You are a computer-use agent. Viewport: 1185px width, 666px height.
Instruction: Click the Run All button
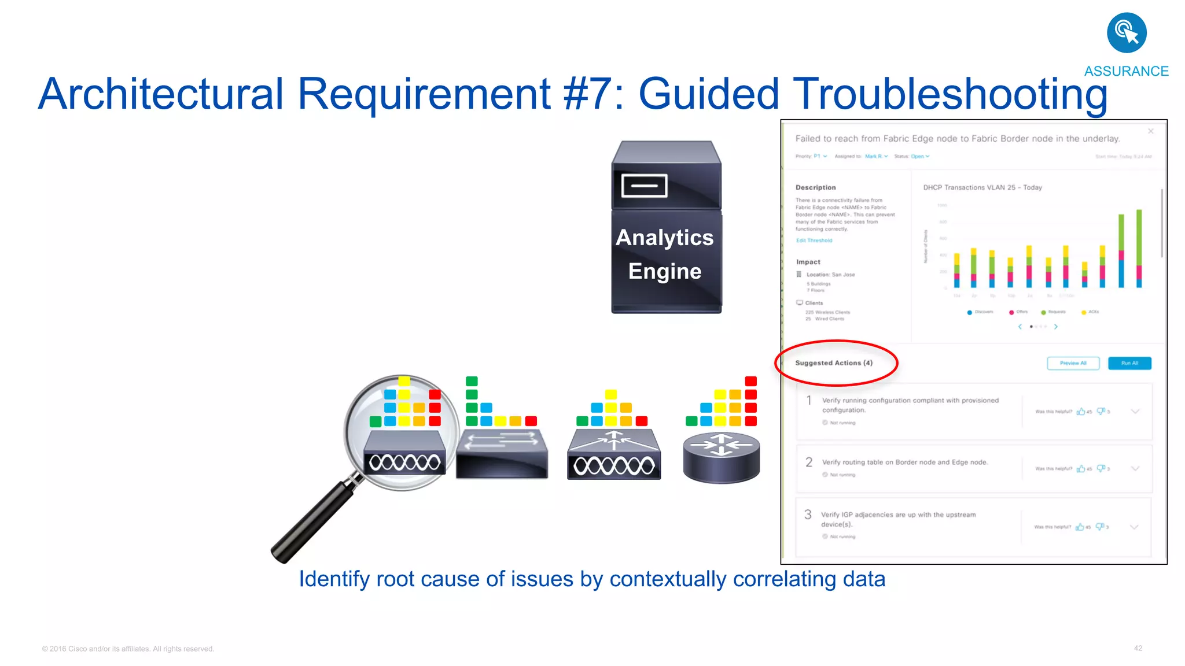pyautogui.click(x=1129, y=363)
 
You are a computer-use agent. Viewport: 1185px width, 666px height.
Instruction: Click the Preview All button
pyautogui.click(x=1073, y=363)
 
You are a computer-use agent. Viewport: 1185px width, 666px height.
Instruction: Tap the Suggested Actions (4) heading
pyautogui.click(x=833, y=363)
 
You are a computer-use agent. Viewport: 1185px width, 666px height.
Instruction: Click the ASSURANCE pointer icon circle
pyautogui.click(x=1126, y=33)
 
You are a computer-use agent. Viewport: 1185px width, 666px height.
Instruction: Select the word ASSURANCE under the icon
pyautogui.click(x=1126, y=71)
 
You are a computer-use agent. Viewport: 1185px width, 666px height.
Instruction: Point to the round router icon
pyautogui.click(x=721, y=457)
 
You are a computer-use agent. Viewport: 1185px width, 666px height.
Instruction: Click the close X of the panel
pyautogui.click(x=1150, y=131)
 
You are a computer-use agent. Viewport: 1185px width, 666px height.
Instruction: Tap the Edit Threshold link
pyautogui.click(x=814, y=240)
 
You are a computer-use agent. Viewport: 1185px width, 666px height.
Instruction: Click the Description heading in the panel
pyautogui.click(x=815, y=187)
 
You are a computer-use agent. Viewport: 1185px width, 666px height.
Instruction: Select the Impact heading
pyautogui.click(x=808, y=262)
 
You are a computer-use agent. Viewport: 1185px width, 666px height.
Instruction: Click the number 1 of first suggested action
pyautogui.click(x=809, y=400)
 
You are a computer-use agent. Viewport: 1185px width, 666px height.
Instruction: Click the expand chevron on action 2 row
pyautogui.click(x=1135, y=468)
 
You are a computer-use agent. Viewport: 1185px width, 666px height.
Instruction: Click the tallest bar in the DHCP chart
pyautogui.click(x=1139, y=249)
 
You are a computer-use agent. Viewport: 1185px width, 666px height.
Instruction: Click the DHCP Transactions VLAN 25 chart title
pyautogui.click(x=982, y=187)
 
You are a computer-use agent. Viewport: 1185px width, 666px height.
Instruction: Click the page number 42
pyautogui.click(x=1138, y=648)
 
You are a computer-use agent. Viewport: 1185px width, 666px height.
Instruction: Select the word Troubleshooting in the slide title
pyautogui.click(x=949, y=94)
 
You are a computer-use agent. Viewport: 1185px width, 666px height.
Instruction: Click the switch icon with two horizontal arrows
pyautogui.click(x=501, y=454)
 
